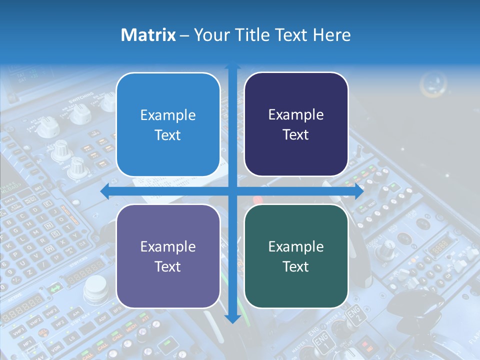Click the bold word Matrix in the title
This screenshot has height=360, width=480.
click(x=148, y=35)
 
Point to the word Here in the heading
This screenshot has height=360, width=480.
click(x=331, y=35)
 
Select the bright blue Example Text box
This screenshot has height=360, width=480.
click(x=168, y=125)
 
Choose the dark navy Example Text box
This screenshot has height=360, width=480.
click(x=296, y=124)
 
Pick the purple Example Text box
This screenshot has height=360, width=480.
click(x=168, y=256)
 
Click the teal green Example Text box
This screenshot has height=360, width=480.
click(x=296, y=256)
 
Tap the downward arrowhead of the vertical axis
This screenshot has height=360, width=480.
click(x=232, y=318)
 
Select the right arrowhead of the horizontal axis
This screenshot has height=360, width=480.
click(x=359, y=191)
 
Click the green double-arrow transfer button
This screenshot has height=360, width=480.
click(x=55, y=288)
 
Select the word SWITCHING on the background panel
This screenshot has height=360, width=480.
click(x=81, y=98)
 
